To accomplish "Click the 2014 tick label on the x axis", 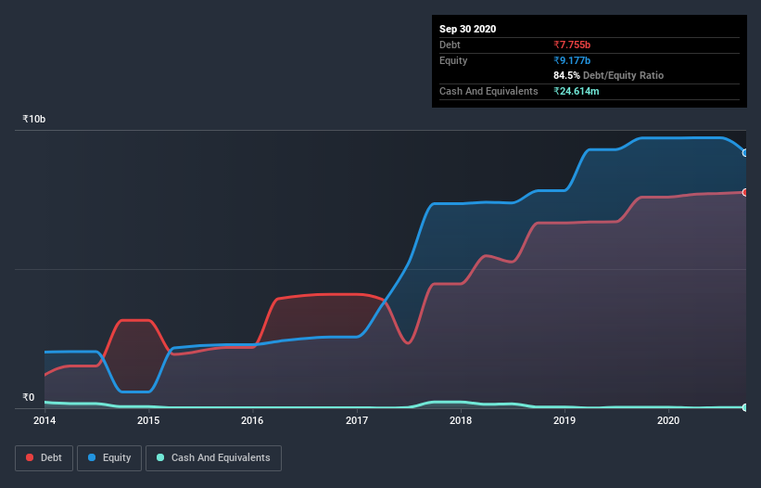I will (x=44, y=420).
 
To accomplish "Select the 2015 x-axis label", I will (x=148, y=420).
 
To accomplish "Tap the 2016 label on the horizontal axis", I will (x=252, y=420).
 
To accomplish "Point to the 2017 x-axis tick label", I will (x=357, y=420).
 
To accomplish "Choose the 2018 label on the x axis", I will (x=461, y=420).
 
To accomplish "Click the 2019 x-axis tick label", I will (x=564, y=420).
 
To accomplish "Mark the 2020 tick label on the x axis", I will (x=668, y=420).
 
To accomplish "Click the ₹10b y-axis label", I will (x=34, y=120).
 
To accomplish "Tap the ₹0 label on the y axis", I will (x=28, y=397).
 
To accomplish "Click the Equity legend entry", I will (x=109, y=457).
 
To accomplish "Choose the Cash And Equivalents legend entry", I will (x=213, y=457).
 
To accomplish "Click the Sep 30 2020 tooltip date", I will (x=468, y=29).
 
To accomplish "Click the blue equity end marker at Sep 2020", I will (x=745, y=153).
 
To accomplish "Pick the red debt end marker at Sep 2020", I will (x=745, y=192).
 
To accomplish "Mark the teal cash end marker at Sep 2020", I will (x=745, y=407).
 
